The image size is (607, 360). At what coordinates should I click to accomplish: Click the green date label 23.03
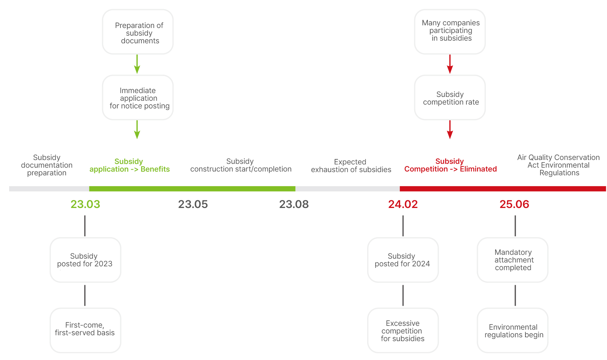tap(85, 204)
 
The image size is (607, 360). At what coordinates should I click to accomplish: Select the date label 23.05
tap(193, 204)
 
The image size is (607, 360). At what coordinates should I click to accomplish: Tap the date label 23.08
tap(294, 204)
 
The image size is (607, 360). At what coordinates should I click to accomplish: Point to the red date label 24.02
tap(403, 204)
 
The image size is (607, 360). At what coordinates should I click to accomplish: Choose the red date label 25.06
tap(514, 204)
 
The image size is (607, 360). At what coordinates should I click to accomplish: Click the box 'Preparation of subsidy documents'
tap(138, 32)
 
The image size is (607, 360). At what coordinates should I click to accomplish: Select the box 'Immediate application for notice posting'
tap(138, 98)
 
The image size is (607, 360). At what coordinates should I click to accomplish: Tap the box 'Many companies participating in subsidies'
tap(450, 32)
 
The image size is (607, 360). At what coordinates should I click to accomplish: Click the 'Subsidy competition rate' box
tap(450, 98)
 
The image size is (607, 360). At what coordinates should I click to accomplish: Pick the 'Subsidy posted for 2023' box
tap(85, 260)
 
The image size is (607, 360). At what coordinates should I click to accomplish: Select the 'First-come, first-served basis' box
tap(85, 330)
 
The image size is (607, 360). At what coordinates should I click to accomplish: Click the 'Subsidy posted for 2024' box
tap(403, 260)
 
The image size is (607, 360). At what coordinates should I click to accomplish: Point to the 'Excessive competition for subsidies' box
tap(403, 330)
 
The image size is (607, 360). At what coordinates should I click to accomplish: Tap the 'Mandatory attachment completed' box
tap(512, 260)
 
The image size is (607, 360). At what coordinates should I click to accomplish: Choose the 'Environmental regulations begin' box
tap(512, 330)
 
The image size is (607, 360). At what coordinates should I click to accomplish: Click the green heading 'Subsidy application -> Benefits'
tap(130, 165)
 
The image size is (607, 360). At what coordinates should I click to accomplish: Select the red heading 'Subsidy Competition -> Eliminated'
tap(450, 165)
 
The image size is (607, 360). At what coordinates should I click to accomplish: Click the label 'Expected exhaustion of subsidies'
tap(351, 166)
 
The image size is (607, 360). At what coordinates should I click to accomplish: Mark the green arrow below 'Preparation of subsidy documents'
tap(137, 64)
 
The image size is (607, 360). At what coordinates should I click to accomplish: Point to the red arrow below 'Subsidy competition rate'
tap(450, 130)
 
